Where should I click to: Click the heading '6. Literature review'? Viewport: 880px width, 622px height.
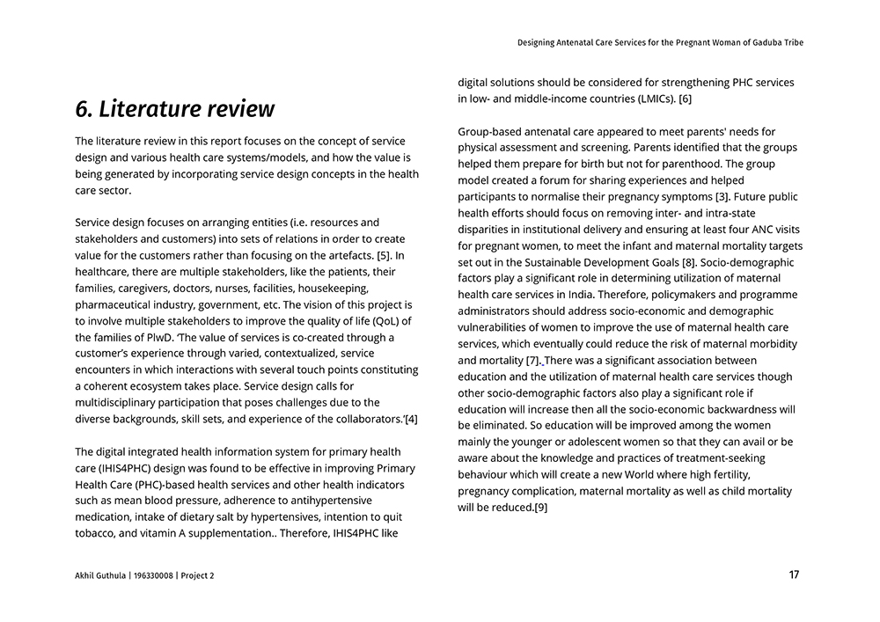click(x=174, y=109)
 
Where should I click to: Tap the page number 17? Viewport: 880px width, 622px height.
click(x=794, y=575)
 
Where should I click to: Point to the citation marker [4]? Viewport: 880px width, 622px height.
click(x=410, y=418)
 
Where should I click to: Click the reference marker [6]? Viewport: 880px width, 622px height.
click(x=685, y=99)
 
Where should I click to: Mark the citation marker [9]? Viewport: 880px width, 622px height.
click(x=541, y=508)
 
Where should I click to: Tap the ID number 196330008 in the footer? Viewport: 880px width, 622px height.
click(x=152, y=576)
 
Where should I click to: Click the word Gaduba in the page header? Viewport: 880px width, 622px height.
click(x=764, y=42)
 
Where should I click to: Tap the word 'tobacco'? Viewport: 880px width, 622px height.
click(x=96, y=533)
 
